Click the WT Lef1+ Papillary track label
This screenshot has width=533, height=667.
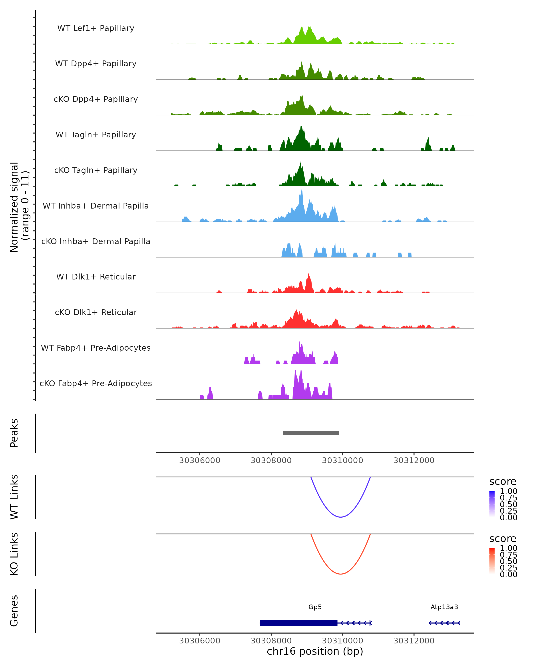point(96,28)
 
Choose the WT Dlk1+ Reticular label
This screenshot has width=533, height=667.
point(96,277)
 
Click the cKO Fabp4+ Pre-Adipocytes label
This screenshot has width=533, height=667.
point(96,383)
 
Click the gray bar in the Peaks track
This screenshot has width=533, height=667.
point(310,433)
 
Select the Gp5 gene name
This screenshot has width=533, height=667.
point(315,607)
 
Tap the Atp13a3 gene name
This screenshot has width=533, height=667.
point(444,607)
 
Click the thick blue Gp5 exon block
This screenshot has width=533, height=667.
point(298,623)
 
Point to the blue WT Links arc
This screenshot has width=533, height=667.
point(340,517)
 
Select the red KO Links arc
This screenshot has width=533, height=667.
point(340,574)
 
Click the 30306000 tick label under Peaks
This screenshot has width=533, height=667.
point(200,460)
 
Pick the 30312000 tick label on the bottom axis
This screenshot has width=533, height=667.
point(414,640)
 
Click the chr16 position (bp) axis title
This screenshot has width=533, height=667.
point(315,651)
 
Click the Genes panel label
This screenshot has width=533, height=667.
point(14,611)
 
